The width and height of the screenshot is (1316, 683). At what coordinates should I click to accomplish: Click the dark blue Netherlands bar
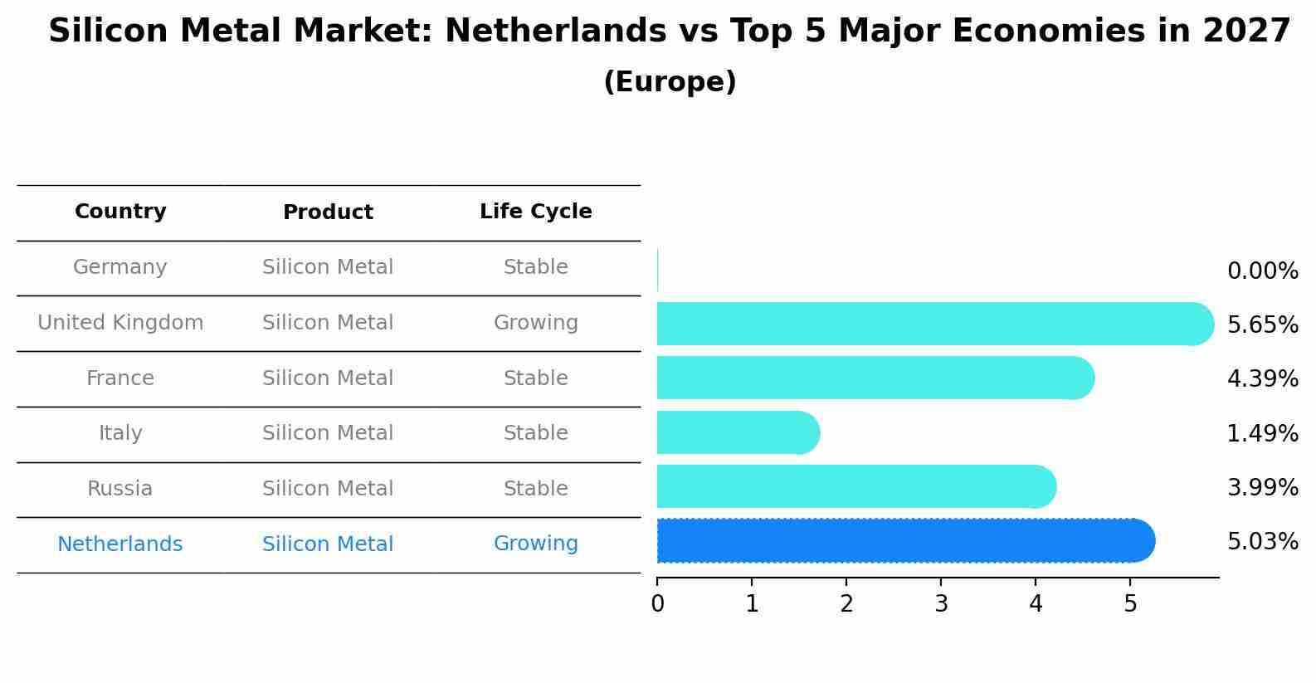coord(904,541)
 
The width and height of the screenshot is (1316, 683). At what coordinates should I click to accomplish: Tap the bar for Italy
coord(737,432)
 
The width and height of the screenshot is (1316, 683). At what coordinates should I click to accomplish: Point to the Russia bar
coord(855,487)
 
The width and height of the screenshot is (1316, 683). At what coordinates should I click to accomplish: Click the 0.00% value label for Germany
coord(1262,271)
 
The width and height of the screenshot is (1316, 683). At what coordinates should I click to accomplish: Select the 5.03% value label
coord(1262,542)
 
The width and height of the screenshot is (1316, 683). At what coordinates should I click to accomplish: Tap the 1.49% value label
coord(1262,433)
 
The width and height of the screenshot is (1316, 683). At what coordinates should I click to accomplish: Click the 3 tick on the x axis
coord(941,604)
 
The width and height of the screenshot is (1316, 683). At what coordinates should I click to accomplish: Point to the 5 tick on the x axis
coord(1130,604)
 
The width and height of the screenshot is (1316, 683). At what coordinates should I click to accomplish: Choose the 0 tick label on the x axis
coord(658,604)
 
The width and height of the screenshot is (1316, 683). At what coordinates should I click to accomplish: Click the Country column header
coord(120,212)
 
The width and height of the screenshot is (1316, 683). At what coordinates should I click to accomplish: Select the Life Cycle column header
coord(535,212)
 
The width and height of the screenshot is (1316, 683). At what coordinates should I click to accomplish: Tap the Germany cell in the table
coord(120,267)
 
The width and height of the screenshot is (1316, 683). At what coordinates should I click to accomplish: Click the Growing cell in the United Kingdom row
coord(535,323)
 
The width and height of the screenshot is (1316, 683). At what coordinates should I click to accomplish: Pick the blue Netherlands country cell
coord(120,544)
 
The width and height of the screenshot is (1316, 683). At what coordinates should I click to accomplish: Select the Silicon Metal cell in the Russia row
coord(328,489)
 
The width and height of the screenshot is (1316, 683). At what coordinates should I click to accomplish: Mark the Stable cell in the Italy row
coord(535,433)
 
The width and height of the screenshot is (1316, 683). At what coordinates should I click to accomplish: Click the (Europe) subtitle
coord(670,82)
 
